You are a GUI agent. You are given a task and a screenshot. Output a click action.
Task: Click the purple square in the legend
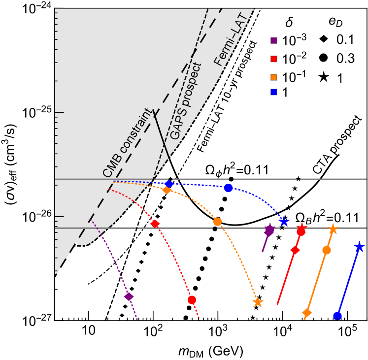click(x=273, y=40)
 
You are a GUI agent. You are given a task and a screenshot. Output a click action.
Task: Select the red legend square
click(x=273, y=59)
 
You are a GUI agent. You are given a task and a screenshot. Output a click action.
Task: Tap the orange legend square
click(x=273, y=77)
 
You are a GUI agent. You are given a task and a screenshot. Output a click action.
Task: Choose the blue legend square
click(x=273, y=92)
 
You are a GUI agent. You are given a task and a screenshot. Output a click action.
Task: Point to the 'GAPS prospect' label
click(x=186, y=101)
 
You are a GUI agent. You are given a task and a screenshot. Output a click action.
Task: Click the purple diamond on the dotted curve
click(x=129, y=296)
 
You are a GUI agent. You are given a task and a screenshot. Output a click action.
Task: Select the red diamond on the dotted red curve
click(x=155, y=224)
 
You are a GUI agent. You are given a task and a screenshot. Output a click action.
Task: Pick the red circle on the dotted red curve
click(x=192, y=300)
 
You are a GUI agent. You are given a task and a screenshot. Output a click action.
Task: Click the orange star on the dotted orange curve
click(x=258, y=302)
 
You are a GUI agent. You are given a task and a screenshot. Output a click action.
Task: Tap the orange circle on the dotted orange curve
click(x=217, y=222)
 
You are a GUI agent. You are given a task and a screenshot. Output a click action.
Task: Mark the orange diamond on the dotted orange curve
click(x=167, y=190)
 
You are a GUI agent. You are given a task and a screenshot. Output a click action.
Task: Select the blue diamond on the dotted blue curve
click(x=169, y=183)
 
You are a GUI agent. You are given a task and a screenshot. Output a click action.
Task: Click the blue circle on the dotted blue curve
click(x=228, y=188)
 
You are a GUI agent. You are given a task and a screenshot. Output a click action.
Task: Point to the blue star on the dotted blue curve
click(x=284, y=222)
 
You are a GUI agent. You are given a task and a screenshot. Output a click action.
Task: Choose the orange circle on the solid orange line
click(x=326, y=250)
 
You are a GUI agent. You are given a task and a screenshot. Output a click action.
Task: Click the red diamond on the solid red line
click(x=295, y=250)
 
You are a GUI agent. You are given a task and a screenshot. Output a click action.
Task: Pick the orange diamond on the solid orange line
click(x=307, y=313)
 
